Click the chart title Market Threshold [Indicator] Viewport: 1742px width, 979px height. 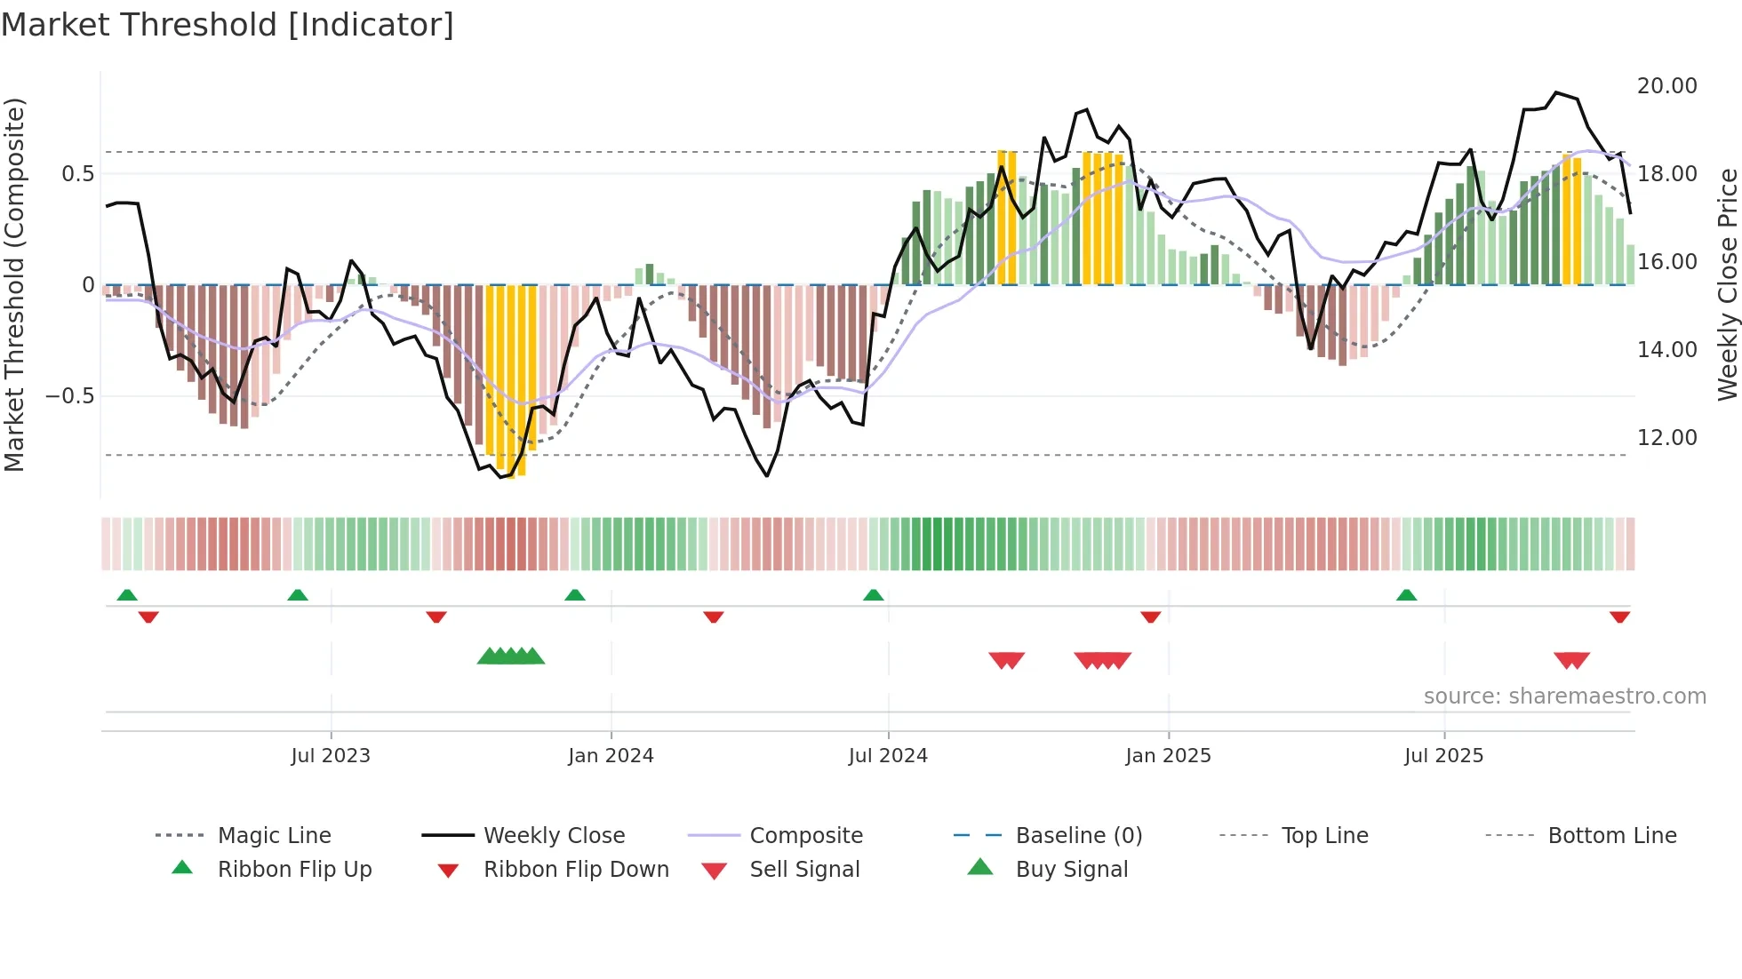pos(228,25)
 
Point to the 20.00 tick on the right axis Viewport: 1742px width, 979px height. pos(1666,86)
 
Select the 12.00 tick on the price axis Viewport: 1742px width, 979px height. pos(1666,438)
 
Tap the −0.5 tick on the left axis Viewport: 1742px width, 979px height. pos(69,396)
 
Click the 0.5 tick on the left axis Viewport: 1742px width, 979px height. pos(77,174)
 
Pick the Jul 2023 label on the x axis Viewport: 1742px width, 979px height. pos(331,756)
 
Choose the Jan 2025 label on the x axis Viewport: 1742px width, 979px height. pos(1168,756)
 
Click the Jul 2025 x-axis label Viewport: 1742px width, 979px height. pos(1443,756)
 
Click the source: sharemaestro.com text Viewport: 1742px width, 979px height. pos(1564,696)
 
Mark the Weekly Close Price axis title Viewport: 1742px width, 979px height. pos(1727,284)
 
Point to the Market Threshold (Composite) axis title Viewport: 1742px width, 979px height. pos(14,284)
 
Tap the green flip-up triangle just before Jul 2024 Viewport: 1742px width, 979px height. pos(874,595)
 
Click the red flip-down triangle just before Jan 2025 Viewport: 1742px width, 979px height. pos(1151,617)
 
